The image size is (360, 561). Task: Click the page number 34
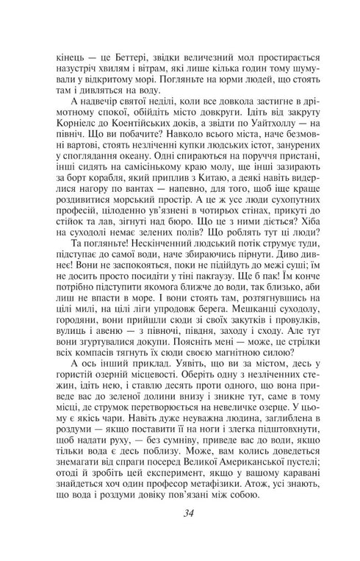click(x=180, y=534)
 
